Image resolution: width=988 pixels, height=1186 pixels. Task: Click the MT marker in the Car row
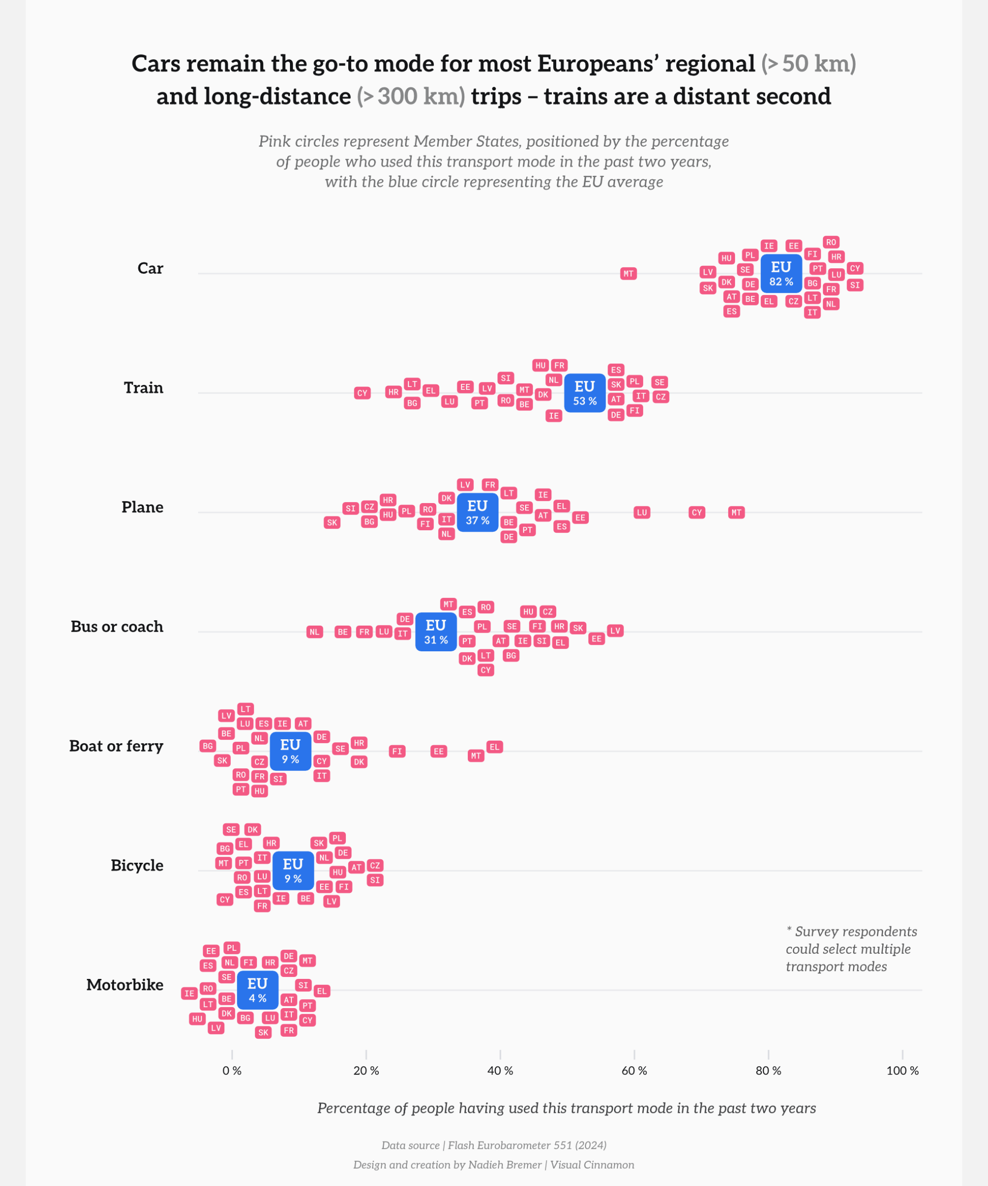click(628, 274)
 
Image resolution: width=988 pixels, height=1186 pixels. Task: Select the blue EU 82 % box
click(782, 273)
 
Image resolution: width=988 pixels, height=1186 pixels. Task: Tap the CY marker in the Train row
click(363, 393)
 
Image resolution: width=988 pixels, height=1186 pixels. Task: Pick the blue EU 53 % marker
click(585, 393)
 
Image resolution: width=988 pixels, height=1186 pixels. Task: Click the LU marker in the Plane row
click(642, 513)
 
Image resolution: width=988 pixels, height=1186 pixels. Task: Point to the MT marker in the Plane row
click(736, 513)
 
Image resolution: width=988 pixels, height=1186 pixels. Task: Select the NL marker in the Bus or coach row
click(315, 632)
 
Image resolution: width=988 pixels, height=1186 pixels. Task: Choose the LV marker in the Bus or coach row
click(616, 631)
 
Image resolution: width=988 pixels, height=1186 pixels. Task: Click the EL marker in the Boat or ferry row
click(494, 747)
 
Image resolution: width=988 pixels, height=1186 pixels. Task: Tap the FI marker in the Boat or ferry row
click(398, 752)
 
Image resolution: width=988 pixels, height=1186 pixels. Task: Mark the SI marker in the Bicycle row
click(375, 881)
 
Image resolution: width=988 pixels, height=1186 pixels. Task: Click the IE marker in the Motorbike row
click(190, 993)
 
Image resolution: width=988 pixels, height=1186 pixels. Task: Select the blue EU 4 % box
click(257, 990)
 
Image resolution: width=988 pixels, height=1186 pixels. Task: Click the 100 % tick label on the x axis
click(902, 1071)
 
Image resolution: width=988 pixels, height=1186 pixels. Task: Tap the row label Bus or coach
click(117, 627)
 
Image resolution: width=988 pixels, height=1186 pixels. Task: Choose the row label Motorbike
click(125, 985)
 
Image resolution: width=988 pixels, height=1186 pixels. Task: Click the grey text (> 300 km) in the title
click(411, 96)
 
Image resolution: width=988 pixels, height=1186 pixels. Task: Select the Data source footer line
click(494, 1145)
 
